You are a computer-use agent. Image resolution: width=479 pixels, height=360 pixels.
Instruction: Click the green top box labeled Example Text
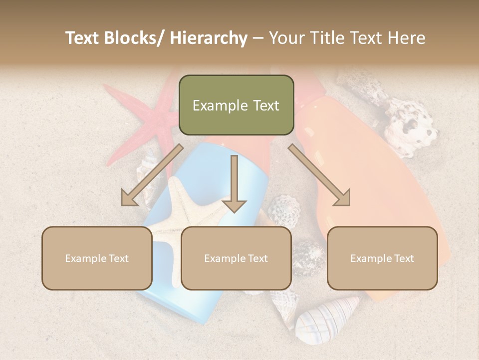(236, 105)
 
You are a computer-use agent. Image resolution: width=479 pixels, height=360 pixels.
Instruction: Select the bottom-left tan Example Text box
(97, 258)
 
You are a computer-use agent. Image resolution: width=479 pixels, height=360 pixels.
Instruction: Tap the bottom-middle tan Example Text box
(236, 258)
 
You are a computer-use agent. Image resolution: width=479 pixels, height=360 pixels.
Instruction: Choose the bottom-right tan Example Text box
(382, 258)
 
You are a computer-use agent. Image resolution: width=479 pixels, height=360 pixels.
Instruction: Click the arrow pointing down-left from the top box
(152, 175)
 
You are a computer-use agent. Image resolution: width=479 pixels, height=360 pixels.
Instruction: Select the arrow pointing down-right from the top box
(319, 175)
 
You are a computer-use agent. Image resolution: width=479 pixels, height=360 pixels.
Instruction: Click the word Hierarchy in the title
(209, 38)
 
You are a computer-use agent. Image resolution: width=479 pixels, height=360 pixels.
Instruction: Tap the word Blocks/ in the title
(137, 38)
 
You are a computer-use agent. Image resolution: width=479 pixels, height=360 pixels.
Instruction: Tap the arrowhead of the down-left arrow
(129, 199)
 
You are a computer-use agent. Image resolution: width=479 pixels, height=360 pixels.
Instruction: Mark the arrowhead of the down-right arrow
(343, 199)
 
